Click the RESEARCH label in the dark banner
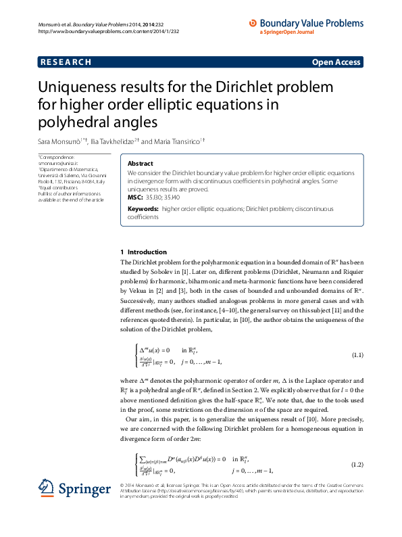tap(66, 62)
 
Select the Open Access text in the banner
tap(336, 62)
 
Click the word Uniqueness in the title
tap(93, 89)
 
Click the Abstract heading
tap(140, 164)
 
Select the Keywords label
tap(143, 209)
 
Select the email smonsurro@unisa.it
tap(58, 163)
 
